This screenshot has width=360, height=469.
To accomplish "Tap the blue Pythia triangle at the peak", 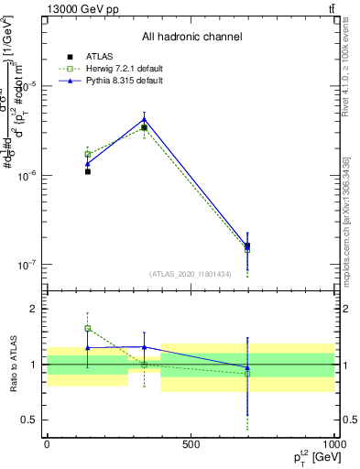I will (x=145, y=119).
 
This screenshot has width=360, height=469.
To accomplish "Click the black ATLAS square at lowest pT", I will (x=88, y=171).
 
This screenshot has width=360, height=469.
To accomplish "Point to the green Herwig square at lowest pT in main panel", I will (x=88, y=154).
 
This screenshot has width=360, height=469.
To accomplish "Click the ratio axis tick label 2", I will (x=32, y=310).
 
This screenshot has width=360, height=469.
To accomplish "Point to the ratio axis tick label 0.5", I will (x=27, y=420).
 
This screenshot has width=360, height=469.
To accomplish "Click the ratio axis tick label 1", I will (x=32, y=365).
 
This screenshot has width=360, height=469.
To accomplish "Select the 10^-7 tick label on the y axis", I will (x=25, y=265).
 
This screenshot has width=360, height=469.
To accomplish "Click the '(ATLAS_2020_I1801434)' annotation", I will (x=191, y=274).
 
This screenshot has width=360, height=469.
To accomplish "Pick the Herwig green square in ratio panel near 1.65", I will (x=88, y=328).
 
